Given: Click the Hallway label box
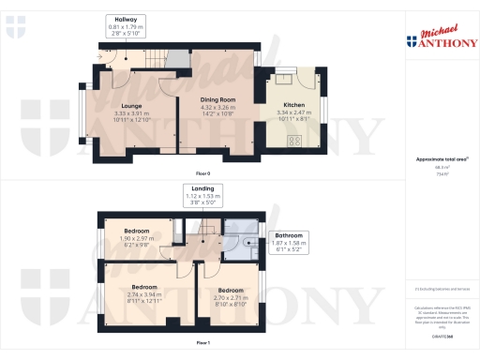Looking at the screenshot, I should (126, 25).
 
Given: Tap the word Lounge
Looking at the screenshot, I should (130, 106).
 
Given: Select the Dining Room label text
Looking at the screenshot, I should (217, 99).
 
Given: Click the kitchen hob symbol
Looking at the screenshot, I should (293, 142).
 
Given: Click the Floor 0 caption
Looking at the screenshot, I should (202, 174).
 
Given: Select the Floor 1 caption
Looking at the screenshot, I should (202, 344).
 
